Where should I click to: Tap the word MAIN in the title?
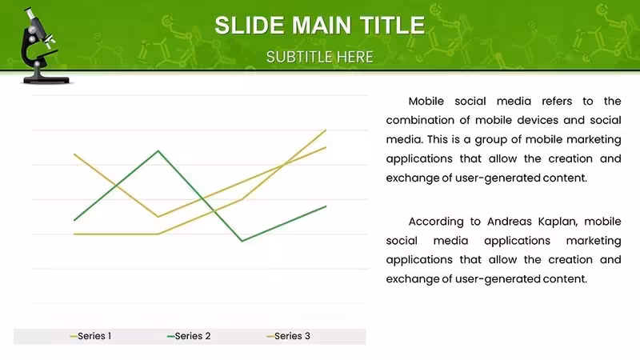[322, 26]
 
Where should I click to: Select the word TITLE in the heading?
[392, 26]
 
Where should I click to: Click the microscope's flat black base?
[46, 80]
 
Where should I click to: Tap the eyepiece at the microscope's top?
[30, 14]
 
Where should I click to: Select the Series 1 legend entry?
[90, 336]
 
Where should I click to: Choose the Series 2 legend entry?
[189, 336]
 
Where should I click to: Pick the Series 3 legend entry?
[288, 336]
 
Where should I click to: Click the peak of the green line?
[158, 151]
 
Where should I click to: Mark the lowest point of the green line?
[242, 241]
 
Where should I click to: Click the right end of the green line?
[326, 206]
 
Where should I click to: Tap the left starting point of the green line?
[74, 221]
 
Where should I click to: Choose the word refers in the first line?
[557, 102]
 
